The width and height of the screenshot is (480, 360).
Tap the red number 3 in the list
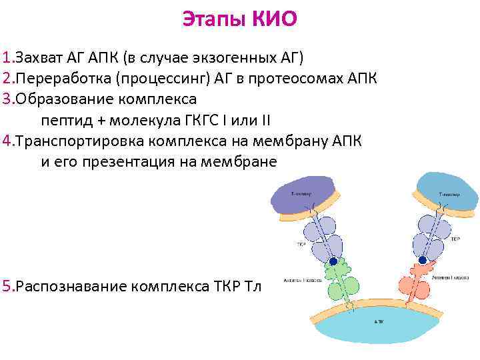click(x=7, y=100)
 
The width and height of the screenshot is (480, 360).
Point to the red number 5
click(x=7, y=287)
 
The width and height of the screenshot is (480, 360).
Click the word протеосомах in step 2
click(x=291, y=78)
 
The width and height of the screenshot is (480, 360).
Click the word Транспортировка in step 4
click(x=80, y=141)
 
